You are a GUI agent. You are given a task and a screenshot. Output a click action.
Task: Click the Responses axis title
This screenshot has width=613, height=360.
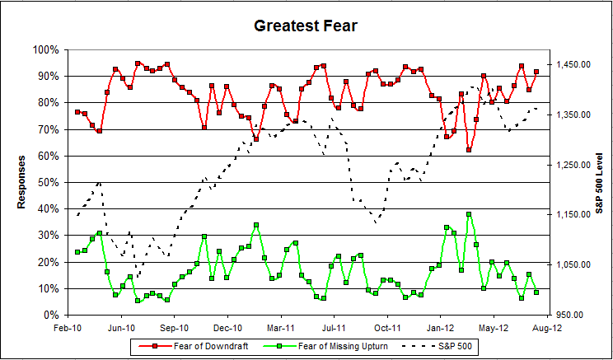pyautogui.click(x=22, y=181)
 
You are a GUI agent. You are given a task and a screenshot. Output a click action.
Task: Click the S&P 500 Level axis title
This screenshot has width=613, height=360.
pyautogui.click(x=599, y=181)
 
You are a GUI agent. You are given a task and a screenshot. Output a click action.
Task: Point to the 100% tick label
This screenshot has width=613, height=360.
pyautogui.click(x=45, y=49)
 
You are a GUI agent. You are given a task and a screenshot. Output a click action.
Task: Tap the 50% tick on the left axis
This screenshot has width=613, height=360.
pyautogui.click(x=48, y=182)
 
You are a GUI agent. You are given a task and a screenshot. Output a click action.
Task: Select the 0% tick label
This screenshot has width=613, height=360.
pyautogui.click(x=50, y=315)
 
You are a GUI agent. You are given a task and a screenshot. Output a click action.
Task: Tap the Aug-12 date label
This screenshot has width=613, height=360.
pyautogui.click(x=547, y=327)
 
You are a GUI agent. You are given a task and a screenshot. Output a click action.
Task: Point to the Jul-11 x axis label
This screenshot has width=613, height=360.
pyautogui.click(x=335, y=327)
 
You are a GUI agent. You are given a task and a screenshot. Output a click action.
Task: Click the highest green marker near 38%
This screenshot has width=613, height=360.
pyautogui.click(x=469, y=214)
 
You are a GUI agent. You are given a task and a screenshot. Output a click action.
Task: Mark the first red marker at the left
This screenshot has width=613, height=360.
pyautogui.click(x=77, y=112)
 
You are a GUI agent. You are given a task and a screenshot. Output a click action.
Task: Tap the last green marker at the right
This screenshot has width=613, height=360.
pyautogui.click(x=536, y=292)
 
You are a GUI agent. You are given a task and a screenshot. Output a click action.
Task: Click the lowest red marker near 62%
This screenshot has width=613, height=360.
pyautogui.click(x=469, y=150)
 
